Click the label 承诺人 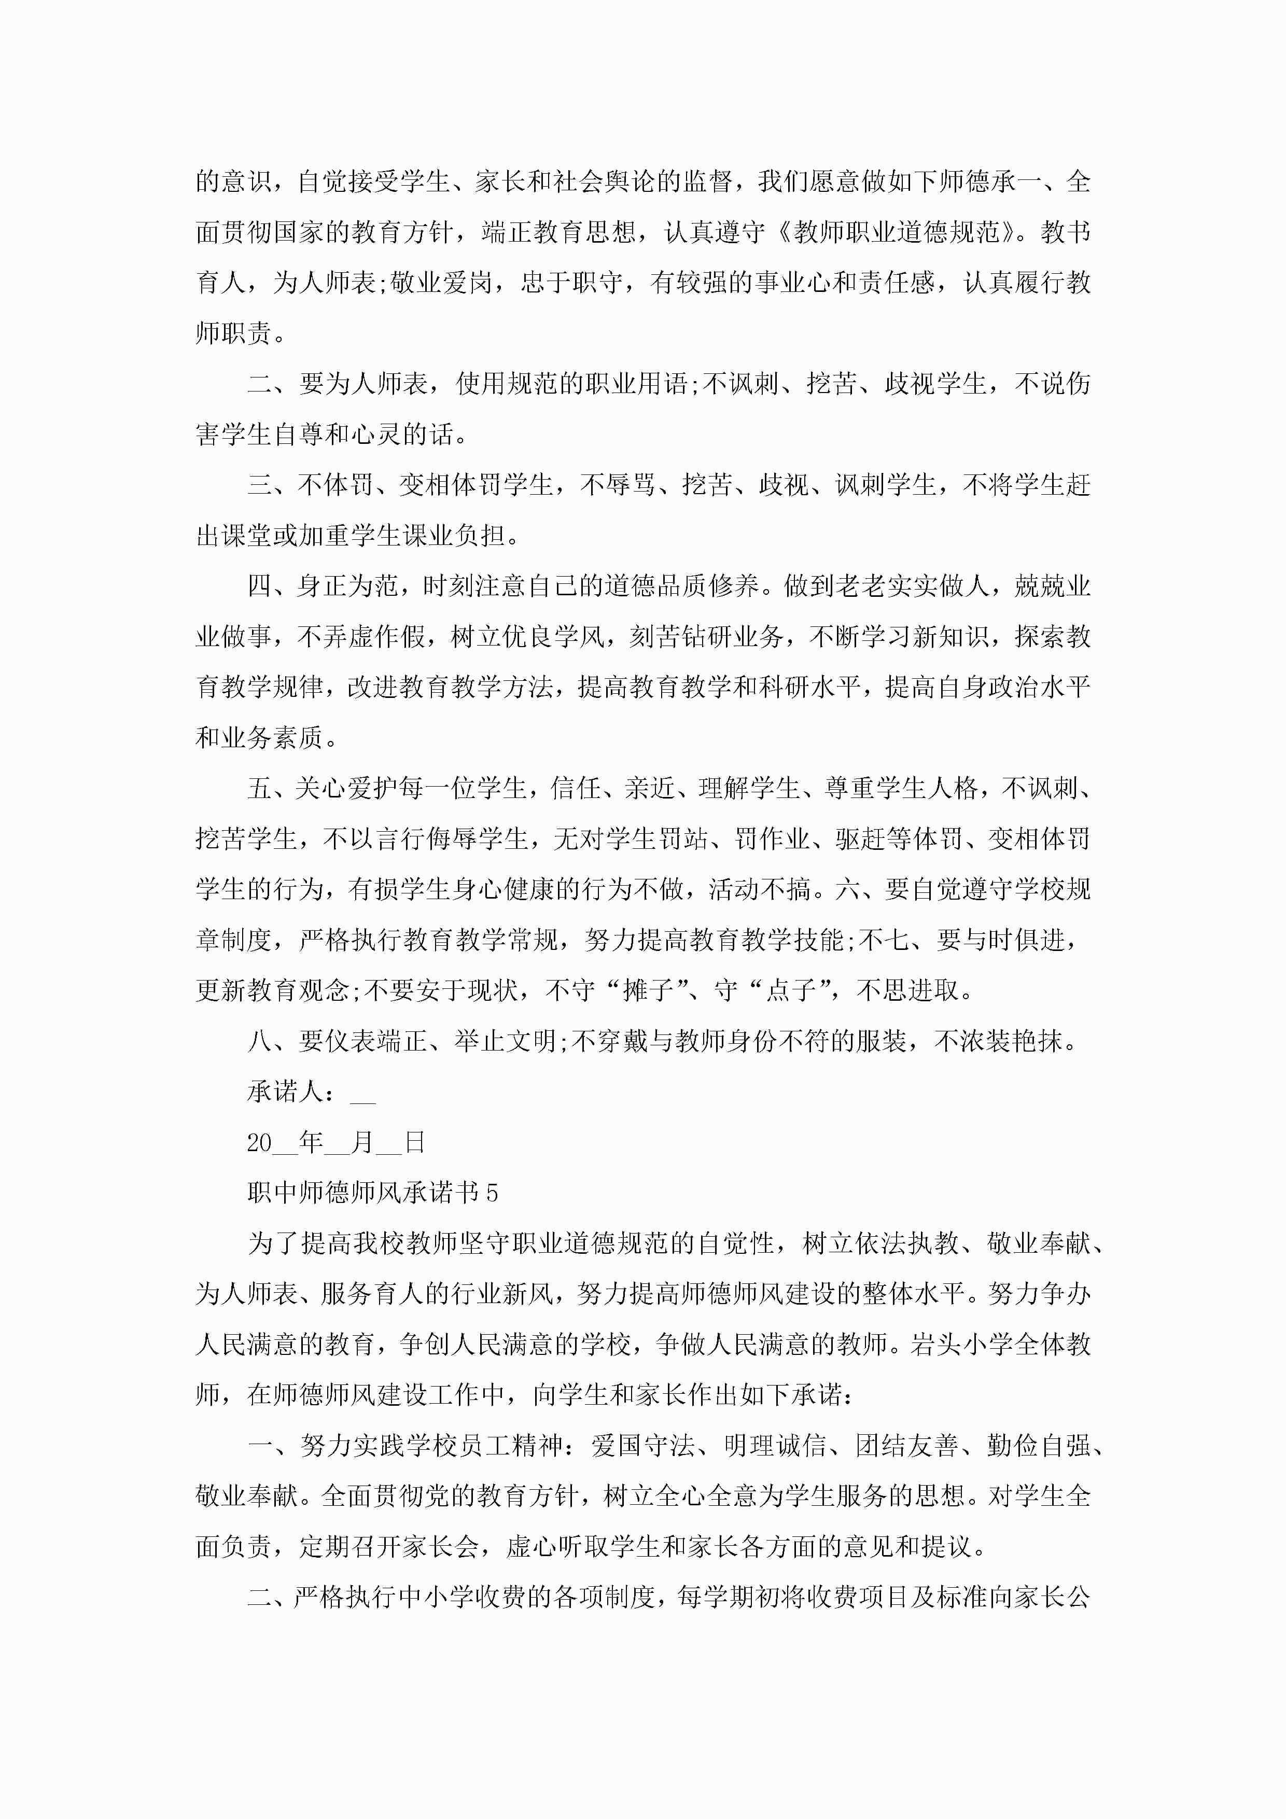coord(285,1092)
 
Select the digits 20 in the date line coord(259,1142)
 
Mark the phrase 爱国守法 coord(642,1446)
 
